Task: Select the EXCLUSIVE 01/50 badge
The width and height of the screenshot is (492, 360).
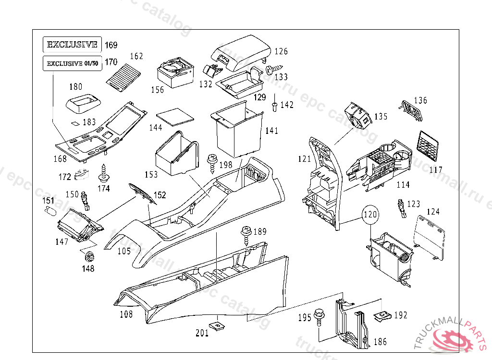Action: click(72, 63)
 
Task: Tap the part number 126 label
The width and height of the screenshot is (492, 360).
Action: click(281, 51)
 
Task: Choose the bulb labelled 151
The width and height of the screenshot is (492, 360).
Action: click(50, 210)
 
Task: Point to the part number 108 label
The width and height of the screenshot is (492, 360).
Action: click(126, 315)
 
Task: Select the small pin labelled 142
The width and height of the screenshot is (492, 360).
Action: click(273, 106)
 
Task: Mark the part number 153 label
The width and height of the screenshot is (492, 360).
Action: click(151, 174)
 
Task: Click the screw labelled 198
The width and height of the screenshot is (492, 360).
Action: click(211, 162)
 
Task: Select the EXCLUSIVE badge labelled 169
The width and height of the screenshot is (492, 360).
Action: click(73, 45)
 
